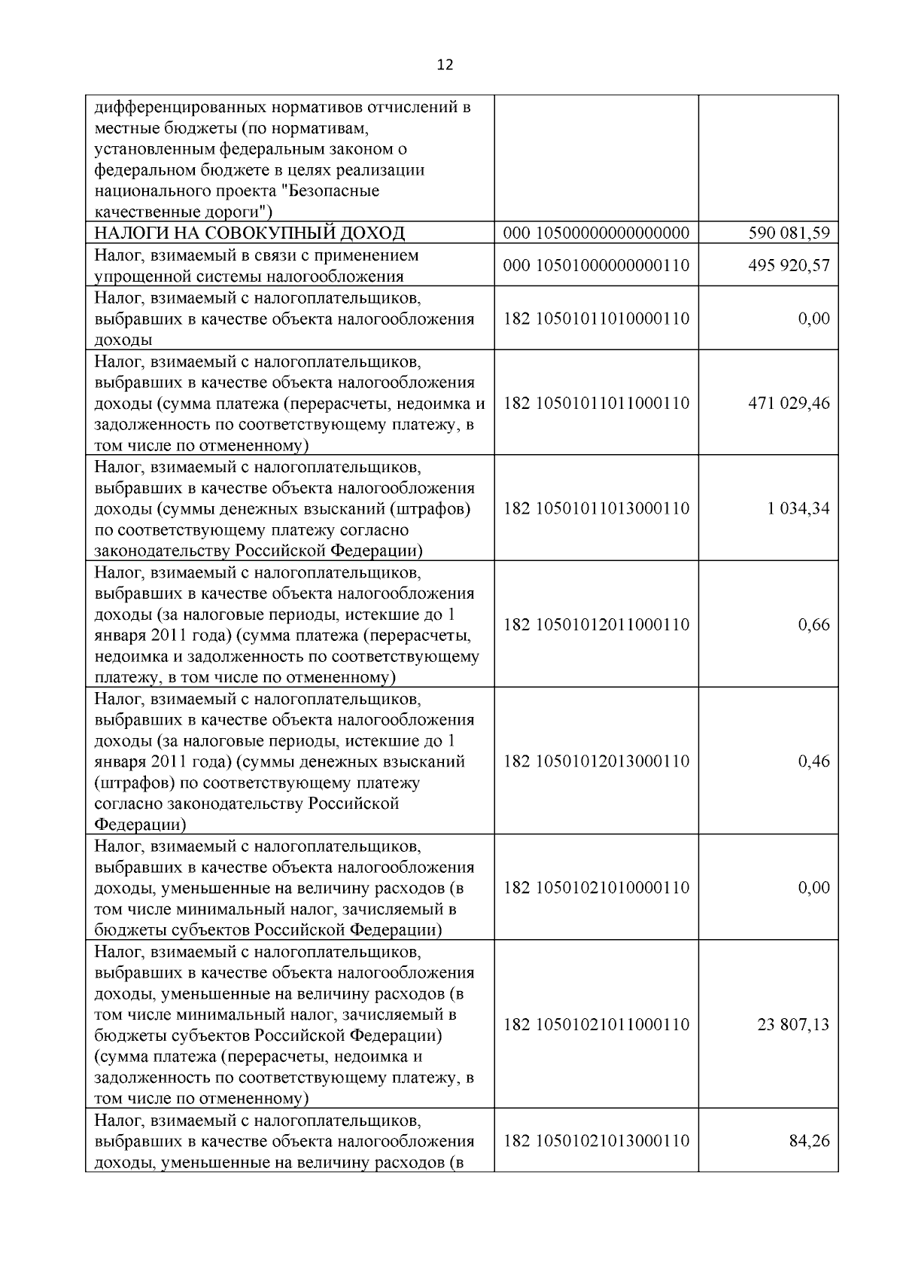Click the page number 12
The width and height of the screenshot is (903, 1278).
(x=445, y=66)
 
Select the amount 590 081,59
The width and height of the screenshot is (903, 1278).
(x=789, y=233)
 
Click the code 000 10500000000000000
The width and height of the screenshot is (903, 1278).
(x=596, y=233)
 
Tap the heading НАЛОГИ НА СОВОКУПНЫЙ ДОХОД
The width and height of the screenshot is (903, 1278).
(x=249, y=233)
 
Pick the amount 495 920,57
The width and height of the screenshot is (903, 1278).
(x=789, y=266)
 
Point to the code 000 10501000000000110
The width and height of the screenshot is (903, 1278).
(x=596, y=266)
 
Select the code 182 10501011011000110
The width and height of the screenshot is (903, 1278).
(x=596, y=403)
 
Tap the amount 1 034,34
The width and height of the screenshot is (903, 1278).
(x=798, y=508)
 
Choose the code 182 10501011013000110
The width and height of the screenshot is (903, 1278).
(x=596, y=508)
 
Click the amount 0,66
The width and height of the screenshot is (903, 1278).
(x=813, y=624)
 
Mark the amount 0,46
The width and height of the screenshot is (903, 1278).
(x=813, y=761)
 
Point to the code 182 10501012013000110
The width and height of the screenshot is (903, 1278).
(x=596, y=761)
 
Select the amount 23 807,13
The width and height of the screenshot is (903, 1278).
(x=793, y=1024)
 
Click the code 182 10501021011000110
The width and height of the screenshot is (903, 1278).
(x=596, y=1024)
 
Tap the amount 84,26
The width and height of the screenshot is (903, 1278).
(x=809, y=1141)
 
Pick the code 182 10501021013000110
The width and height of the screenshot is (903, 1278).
(x=596, y=1141)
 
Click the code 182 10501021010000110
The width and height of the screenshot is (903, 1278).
(x=596, y=887)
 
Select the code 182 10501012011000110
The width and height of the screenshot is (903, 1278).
(x=596, y=624)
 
